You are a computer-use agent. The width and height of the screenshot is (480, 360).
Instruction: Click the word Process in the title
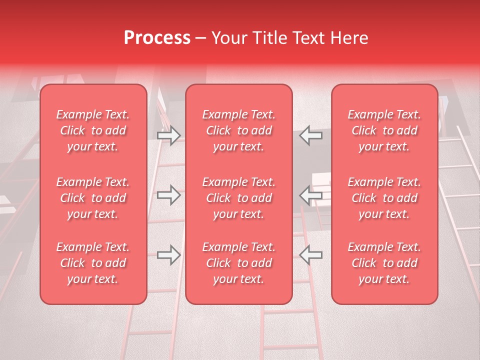tap(157, 38)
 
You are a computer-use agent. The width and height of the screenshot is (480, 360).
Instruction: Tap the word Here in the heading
tap(349, 38)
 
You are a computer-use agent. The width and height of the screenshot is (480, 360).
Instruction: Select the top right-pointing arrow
tap(168, 135)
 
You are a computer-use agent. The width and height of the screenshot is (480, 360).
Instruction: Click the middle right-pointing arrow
tap(168, 195)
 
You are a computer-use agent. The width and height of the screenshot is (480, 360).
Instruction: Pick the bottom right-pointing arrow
tap(168, 255)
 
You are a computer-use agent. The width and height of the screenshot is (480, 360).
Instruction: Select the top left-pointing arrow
tap(311, 135)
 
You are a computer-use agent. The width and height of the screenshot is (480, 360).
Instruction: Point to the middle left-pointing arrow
tap(311, 195)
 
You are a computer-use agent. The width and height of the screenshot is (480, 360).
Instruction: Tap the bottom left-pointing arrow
tap(311, 255)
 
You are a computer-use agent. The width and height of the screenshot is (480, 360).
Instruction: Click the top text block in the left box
tap(93, 130)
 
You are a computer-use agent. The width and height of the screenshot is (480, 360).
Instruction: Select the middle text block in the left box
tap(93, 198)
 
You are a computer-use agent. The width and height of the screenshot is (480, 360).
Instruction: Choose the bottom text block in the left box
tap(93, 263)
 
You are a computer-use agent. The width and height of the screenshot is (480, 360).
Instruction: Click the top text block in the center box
tap(239, 130)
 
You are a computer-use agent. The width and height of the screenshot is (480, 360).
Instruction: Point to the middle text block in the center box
tap(239, 198)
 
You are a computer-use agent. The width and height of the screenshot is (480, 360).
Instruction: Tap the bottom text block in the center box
tap(239, 263)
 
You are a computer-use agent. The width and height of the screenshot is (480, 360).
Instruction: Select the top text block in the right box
tap(384, 130)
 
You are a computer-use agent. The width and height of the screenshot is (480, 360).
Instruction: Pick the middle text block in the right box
tap(384, 198)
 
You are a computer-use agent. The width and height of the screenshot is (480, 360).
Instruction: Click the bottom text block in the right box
tap(384, 263)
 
